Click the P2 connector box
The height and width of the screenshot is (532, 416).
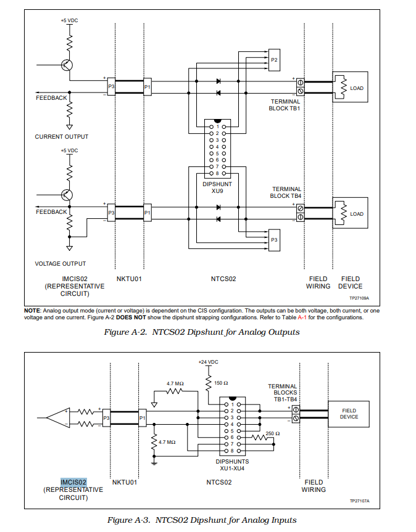click(x=274, y=60)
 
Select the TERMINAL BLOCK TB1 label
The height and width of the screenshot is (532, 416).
click(x=285, y=105)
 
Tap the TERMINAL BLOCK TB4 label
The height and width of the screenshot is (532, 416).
click(x=286, y=192)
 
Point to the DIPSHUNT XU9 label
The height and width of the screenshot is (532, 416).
click(x=217, y=187)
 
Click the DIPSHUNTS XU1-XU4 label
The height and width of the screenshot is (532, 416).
click(x=232, y=465)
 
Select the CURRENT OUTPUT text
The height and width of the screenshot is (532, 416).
click(x=61, y=137)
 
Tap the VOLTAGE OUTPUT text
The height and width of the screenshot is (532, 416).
click(x=60, y=264)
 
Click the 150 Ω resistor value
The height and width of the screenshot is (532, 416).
click(x=221, y=383)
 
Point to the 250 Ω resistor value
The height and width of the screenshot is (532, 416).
click(x=272, y=433)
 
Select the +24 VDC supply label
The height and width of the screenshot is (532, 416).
click(x=208, y=362)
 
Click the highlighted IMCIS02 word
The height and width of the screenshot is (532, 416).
click(x=73, y=482)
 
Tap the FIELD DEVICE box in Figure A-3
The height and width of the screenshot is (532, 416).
click(x=349, y=414)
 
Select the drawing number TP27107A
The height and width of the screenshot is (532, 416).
click(x=359, y=501)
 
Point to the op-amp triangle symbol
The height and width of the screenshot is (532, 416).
click(x=59, y=417)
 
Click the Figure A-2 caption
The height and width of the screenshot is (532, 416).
click(x=202, y=332)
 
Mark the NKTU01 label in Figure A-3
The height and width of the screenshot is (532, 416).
click(x=124, y=482)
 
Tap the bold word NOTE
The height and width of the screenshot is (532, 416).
click(x=31, y=311)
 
